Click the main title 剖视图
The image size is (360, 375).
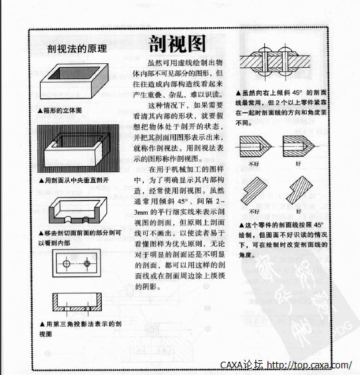coord(176,44)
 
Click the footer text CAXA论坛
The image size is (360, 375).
coord(242,365)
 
